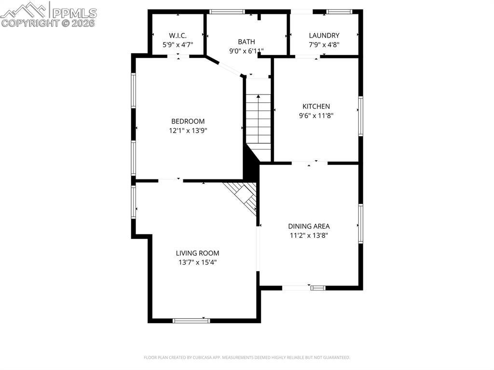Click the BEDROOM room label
(x=188, y=121)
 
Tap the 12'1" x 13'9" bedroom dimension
(x=188, y=130)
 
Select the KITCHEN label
(x=316, y=106)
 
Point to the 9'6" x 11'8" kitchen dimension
(x=316, y=115)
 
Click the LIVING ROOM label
(x=197, y=253)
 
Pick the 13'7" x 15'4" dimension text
(x=197, y=262)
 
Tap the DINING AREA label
(x=309, y=226)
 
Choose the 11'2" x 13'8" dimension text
(x=309, y=235)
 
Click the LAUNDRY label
(x=324, y=35)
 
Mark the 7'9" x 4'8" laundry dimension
(x=324, y=44)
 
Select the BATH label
(x=246, y=41)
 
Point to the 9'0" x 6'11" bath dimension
(x=246, y=51)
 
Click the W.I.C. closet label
(x=178, y=35)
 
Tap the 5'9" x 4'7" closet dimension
(x=178, y=44)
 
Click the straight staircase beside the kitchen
(x=259, y=123)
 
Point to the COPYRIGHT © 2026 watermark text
(x=48, y=23)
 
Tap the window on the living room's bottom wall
(x=192, y=320)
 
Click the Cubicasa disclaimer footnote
(x=247, y=357)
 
